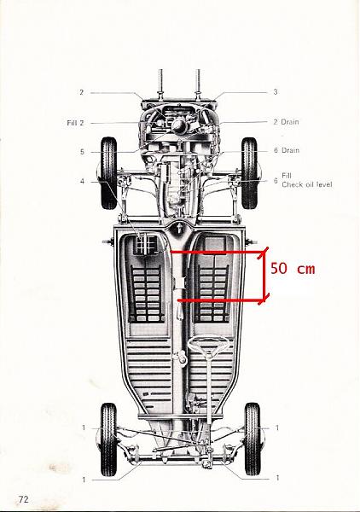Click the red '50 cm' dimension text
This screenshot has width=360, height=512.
(x=293, y=269)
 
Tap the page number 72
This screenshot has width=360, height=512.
(x=24, y=499)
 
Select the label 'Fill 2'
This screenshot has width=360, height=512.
(x=75, y=123)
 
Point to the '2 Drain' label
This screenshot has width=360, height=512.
(x=286, y=122)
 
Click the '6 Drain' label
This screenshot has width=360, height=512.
(x=287, y=150)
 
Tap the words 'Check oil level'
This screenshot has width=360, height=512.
(x=307, y=184)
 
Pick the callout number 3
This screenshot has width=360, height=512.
(x=276, y=92)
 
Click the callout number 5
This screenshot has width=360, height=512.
(x=82, y=152)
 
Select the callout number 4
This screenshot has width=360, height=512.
(x=82, y=181)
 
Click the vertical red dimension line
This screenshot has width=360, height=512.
(x=264, y=276)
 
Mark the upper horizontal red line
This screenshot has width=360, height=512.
(x=218, y=252)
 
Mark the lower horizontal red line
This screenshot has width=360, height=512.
(x=221, y=300)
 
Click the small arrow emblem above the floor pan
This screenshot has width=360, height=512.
(x=179, y=228)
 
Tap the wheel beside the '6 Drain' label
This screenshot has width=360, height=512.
(x=250, y=173)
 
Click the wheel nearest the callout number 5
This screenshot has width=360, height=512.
(x=108, y=173)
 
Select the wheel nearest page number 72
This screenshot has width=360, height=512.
(x=108, y=439)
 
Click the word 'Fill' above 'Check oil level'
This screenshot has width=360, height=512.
(x=287, y=176)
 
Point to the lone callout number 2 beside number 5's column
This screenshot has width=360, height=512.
(x=82, y=92)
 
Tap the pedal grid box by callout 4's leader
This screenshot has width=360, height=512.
(x=147, y=245)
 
